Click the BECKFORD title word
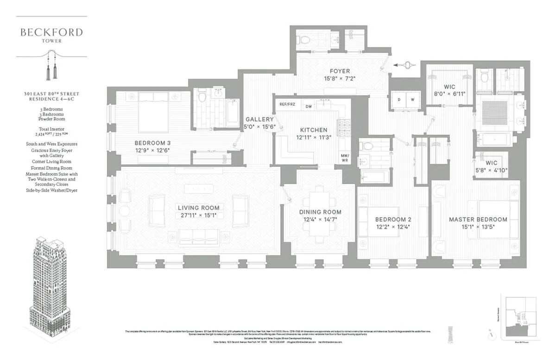click(51, 32)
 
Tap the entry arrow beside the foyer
click(402, 65)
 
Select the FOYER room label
click(340, 71)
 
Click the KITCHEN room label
click(314, 130)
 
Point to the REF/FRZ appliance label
click(287, 105)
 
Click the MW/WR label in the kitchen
click(345, 158)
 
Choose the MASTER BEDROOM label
click(478, 219)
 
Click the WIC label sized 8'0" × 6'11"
click(449, 87)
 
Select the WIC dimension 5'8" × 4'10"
click(491, 170)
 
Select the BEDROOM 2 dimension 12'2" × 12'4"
click(393, 227)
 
